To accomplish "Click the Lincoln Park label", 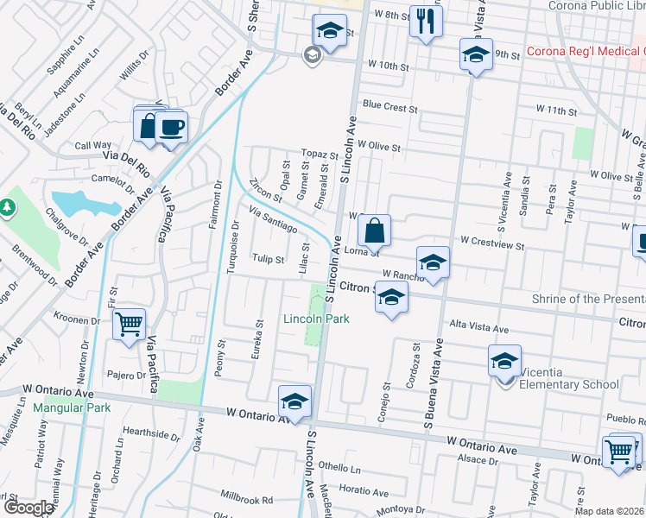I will [317, 319].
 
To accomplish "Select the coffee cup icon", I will [171, 128].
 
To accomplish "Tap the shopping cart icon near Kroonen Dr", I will [129, 325].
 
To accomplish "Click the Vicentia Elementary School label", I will [567, 384].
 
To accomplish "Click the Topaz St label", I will [320, 154].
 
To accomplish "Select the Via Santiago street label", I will [273, 220].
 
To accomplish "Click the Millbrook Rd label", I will [246, 500].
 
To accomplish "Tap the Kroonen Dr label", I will [76, 319].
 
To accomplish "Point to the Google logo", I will [28, 508].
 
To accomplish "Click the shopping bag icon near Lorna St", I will [374, 231].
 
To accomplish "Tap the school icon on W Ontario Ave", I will [294, 401].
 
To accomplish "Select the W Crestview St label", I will [492, 244].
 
